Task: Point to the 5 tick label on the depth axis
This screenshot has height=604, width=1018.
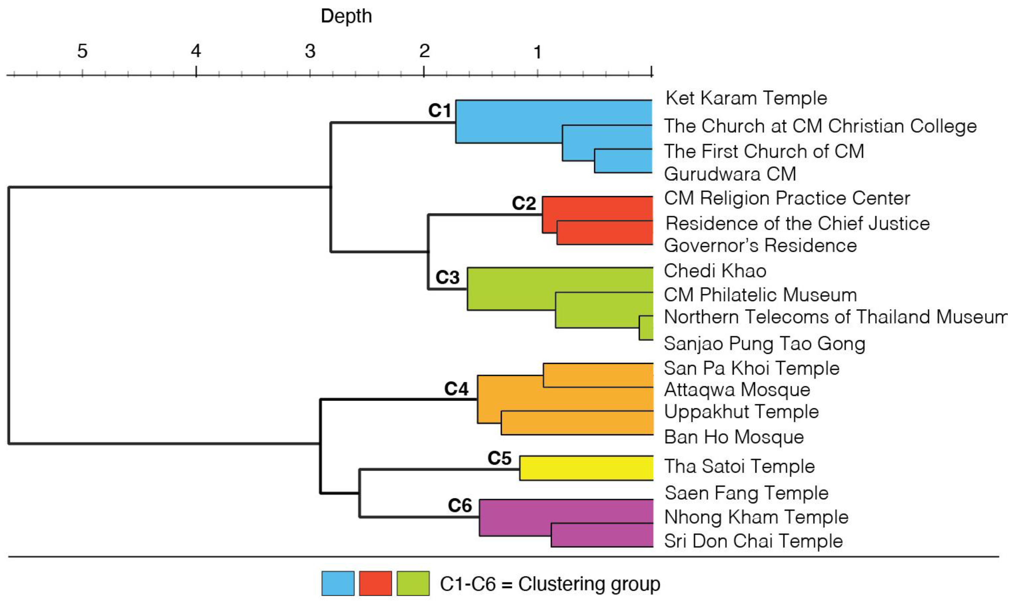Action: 82,51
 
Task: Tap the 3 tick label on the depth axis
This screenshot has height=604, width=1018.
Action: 310,51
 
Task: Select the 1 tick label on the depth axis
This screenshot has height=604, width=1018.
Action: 538,52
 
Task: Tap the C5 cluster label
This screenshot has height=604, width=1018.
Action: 499,458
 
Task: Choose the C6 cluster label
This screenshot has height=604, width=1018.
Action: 460,506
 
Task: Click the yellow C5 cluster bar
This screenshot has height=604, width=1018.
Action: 586,468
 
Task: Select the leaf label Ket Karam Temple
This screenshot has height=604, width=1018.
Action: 746,98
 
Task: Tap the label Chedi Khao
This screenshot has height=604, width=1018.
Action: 715,271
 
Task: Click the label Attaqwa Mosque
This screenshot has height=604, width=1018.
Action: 737,390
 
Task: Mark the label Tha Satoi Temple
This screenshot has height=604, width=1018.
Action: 739,466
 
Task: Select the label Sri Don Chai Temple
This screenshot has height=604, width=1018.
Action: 753,541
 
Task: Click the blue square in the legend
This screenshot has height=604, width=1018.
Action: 338,583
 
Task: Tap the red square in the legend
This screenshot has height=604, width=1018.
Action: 375,583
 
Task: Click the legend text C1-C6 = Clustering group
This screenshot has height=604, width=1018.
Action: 550,584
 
